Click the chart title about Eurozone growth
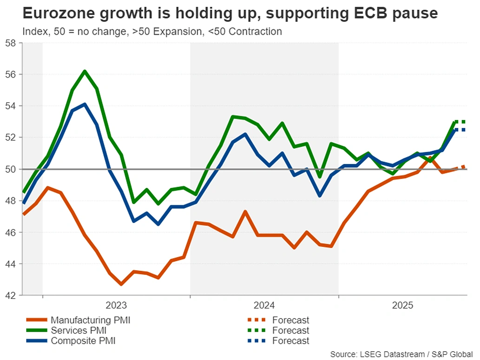230,13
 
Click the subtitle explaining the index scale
152,32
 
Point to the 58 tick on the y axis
11,43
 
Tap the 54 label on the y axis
11,106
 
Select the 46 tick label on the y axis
11,232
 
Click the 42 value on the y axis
11,295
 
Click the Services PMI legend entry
78,330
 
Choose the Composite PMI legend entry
83,340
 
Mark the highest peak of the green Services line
85,71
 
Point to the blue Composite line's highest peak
85,104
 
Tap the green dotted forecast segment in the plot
460,122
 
